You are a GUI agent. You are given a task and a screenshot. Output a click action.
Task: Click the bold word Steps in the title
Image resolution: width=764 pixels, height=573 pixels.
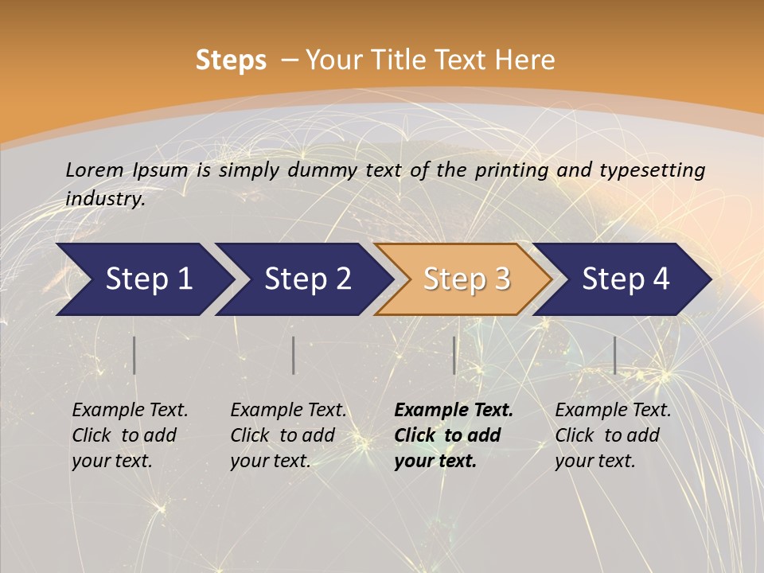coord(231,60)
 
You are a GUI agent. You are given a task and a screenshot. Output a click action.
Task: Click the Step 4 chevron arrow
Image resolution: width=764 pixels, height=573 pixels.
coord(626,279)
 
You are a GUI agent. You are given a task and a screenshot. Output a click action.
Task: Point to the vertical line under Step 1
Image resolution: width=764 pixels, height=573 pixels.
coord(134,355)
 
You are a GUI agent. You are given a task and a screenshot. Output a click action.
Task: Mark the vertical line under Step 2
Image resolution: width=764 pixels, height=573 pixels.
coord(294,355)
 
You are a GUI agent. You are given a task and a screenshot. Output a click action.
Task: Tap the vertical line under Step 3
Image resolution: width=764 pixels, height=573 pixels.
coord(454,355)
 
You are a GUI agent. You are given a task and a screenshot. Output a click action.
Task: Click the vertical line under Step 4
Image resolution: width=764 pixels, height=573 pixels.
coord(615,355)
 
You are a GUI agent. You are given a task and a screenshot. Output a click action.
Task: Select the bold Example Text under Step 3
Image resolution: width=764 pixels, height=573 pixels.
coord(454,435)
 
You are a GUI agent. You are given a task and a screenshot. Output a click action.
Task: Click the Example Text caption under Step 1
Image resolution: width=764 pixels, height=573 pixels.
coord(130,435)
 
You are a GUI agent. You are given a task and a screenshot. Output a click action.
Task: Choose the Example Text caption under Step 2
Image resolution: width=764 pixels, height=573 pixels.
coord(288,435)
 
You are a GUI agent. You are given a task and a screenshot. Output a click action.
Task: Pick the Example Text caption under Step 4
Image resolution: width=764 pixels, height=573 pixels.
coord(613,435)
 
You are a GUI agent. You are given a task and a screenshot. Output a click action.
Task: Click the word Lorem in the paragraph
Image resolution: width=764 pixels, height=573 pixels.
coord(95,170)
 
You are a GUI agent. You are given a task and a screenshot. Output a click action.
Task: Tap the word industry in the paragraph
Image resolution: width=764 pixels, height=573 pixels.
coord(105,199)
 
